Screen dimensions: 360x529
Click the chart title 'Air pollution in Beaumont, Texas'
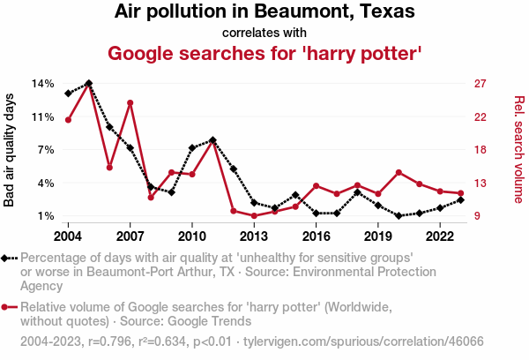[x=264, y=13]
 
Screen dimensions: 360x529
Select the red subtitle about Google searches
[x=264, y=54]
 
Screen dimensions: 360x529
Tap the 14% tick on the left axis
[x=43, y=84]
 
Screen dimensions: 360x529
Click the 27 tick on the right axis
[x=481, y=84]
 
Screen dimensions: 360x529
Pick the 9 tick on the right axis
[x=478, y=216]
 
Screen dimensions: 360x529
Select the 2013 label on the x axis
[x=254, y=236]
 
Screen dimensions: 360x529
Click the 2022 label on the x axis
[x=439, y=236]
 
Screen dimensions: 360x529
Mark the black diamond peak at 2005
[x=89, y=84]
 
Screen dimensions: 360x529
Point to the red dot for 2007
[x=130, y=103]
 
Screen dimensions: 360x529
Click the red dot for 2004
[x=68, y=119]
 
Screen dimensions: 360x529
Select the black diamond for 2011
[x=212, y=140]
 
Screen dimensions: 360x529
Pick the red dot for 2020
[x=399, y=172]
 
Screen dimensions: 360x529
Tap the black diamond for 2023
[x=461, y=199]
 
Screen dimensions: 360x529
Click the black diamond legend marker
[x=9, y=258]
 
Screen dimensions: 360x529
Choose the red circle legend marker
[x=9, y=307]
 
